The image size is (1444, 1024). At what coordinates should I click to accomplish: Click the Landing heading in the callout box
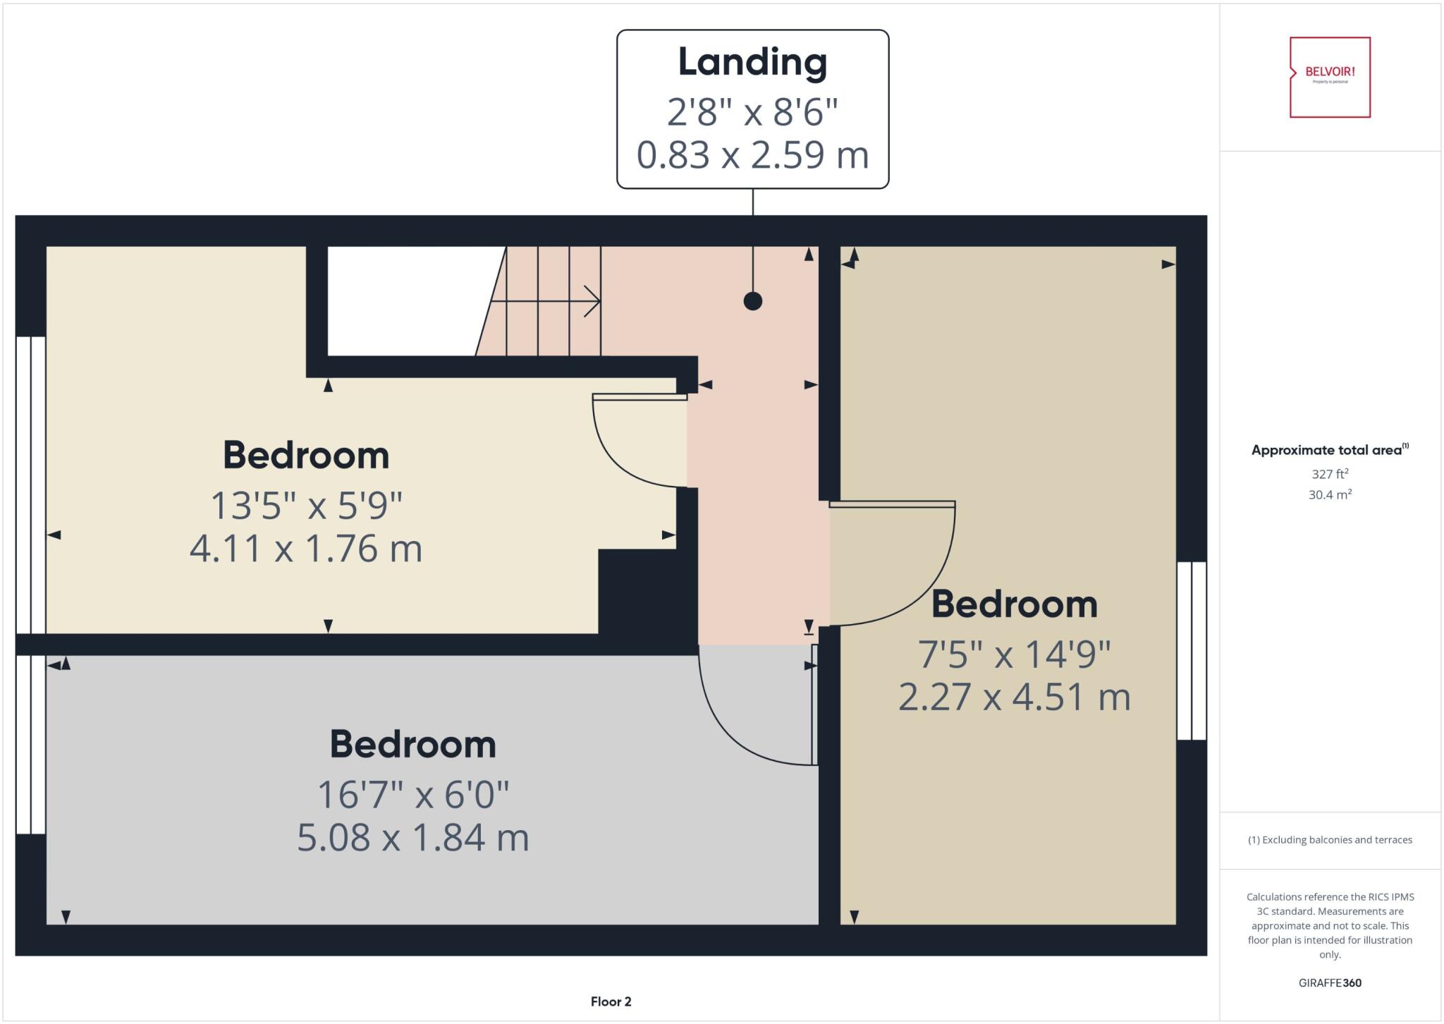(x=752, y=62)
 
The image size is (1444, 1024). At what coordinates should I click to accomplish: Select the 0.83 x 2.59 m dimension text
(x=752, y=155)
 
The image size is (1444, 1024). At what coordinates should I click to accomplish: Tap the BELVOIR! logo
(x=1330, y=77)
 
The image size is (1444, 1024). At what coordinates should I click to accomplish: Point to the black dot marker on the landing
(x=753, y=301)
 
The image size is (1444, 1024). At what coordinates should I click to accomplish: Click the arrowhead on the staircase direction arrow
(x=594, y=302)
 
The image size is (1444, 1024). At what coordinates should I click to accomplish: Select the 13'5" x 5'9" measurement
(x=306, y=506)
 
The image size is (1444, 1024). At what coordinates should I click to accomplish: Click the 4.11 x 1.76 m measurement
(x=306, y=549)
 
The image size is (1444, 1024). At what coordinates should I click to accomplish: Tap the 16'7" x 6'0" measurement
(x=412, y=795)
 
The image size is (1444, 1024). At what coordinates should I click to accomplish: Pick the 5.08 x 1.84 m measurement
(x=412, y=838)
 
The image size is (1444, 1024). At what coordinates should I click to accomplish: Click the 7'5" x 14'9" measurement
(x=1014, y=654)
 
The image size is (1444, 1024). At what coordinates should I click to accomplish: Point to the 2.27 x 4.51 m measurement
(x=1014, y=697)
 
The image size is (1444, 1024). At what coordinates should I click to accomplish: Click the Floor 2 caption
(x=611, y=1001)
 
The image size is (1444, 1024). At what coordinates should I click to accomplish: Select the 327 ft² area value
(x=1330, y=474)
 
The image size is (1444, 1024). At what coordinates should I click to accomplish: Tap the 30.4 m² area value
(x=1330, y=494)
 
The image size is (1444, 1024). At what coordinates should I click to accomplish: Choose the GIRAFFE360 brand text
(x=1330, y=982)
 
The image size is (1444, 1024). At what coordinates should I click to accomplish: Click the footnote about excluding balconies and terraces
(x=1330, y=840)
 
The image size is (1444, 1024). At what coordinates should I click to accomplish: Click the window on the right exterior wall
(x=1192, y=650)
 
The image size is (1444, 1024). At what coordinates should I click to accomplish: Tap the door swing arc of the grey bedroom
(x=733, y=733)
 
